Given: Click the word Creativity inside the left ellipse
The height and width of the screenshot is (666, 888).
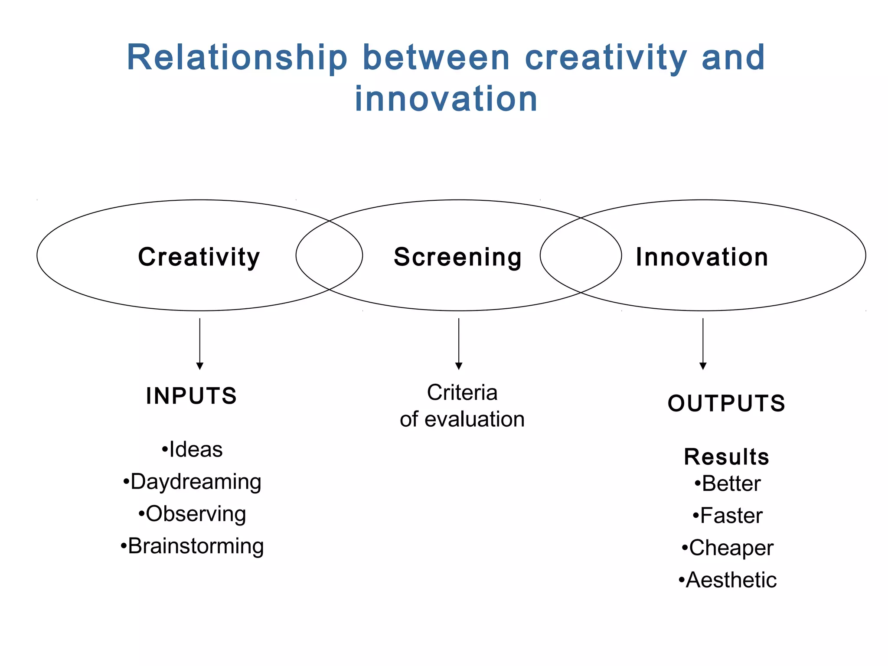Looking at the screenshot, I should (x=199, y=257).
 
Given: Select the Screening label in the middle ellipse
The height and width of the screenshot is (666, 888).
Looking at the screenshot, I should (x=458, y=257).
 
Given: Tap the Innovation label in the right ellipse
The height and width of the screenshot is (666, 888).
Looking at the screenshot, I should (x=702, y=257).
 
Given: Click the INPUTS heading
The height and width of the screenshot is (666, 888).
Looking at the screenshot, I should (x=191, y=396).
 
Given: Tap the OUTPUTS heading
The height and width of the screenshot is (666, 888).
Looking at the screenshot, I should (x=726, y=403).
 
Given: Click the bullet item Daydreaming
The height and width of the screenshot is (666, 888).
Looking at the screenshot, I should (x=192, y=482).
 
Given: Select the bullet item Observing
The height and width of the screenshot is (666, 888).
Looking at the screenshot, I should (x=192, y=514).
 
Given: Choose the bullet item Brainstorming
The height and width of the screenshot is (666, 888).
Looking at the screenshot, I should (x=192, y=546).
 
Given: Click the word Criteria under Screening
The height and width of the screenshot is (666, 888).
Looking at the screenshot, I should (x=462, y=392).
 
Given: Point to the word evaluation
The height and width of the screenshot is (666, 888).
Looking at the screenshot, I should (x=474, y=419).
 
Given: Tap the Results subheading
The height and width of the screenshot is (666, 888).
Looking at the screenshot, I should (x=726, y=457).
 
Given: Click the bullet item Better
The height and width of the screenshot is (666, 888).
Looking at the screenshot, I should (x=728, y=483).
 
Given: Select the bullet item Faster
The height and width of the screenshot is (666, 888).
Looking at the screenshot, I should (x=728, y=516).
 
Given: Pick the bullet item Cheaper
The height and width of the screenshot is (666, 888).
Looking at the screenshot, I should (x=728, y=548).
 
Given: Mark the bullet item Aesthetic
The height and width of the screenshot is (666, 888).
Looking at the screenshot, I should (x=728, y=580).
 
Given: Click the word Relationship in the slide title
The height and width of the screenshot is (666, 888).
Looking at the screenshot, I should (x=237, y=57).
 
